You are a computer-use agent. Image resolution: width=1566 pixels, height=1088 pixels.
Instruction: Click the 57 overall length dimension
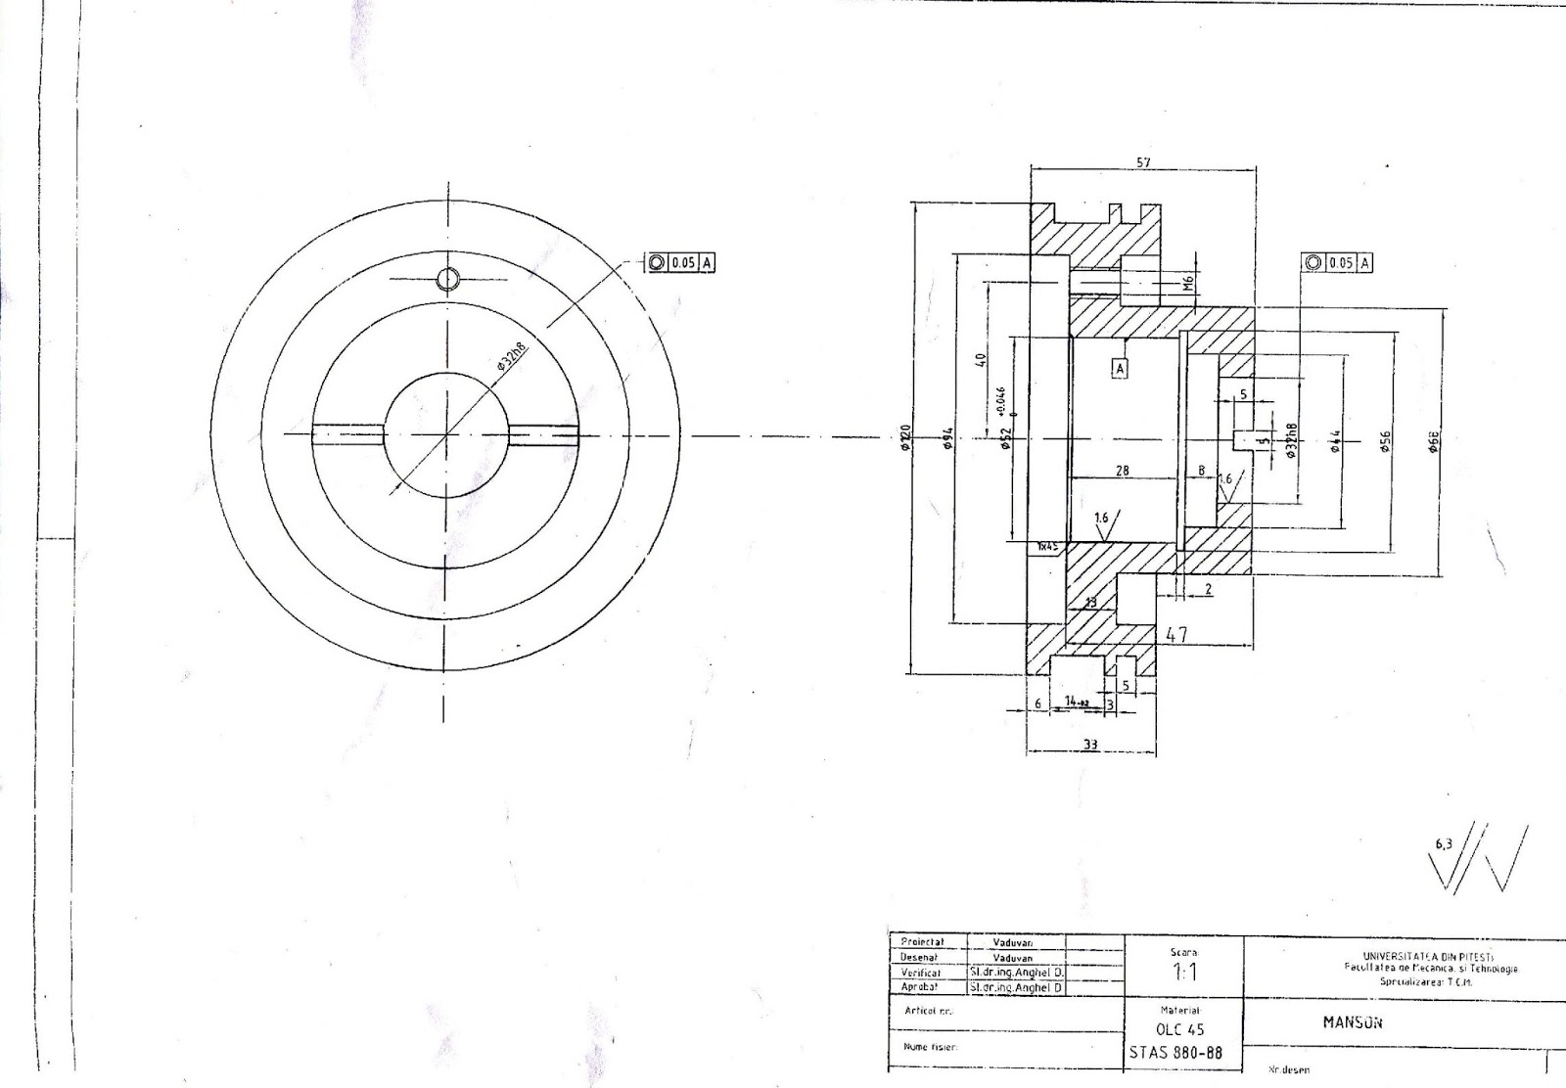point(1143,162)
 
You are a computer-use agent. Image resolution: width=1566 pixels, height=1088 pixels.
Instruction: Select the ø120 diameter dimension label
point(905,437)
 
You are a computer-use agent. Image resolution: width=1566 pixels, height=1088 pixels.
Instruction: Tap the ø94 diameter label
point(947,440)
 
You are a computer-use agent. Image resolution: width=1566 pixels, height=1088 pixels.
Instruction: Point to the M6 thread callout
point(1188,284)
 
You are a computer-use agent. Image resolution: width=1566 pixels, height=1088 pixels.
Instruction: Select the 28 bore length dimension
point(1123,471)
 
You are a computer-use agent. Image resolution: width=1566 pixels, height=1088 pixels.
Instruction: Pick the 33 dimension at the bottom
point(1090,745)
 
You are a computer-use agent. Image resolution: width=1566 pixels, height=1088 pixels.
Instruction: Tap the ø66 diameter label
point(1434,440)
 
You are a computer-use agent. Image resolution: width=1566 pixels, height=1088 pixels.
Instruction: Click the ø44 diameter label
point(1335,440)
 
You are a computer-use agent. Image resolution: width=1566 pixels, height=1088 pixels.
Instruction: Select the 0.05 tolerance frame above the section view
point(1337,262)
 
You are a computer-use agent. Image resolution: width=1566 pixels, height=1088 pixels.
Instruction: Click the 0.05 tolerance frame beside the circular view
point(679,262)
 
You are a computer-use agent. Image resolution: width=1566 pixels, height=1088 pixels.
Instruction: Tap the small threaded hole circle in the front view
point(447,279)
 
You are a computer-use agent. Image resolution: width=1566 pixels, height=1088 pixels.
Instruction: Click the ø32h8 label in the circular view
point(512,356)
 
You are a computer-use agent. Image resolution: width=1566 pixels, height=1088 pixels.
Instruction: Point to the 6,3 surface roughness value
point(1443,843)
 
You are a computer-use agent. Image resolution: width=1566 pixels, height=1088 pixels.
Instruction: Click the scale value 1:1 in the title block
point(1183,973)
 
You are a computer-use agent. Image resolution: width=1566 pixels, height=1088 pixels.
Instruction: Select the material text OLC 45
point(1180,1029)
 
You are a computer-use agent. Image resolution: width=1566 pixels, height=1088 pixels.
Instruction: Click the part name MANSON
point(1353,1022)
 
